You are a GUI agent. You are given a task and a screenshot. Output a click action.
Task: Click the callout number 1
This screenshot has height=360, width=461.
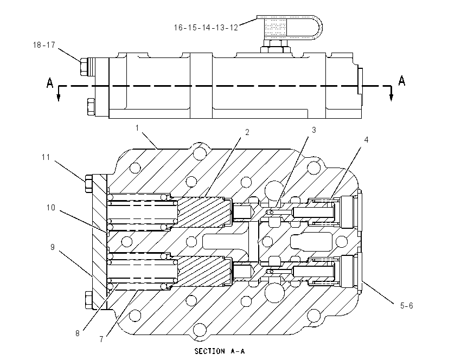pyautogui.click(x=137, y=128)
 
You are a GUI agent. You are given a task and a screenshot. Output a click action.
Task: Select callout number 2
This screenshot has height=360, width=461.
pyautogui.click(x=247, y=132)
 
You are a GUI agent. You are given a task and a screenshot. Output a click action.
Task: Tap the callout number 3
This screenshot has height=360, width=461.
pyautogui.click(x=313, y=130)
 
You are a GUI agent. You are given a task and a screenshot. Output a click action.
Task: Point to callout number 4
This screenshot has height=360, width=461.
pyautogui.click(x=366, y=139)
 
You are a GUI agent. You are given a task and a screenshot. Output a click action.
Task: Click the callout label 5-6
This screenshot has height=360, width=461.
pyautogui.click(x=406, y=306)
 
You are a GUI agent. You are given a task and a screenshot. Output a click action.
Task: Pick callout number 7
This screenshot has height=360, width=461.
pyautogui.click(x=101, y=339)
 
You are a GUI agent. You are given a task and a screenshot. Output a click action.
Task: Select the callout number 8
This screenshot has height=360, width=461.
pyautogui.click(x=78, y=333)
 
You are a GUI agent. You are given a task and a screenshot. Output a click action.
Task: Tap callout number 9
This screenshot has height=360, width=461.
pyautogui.click(x=52, y=247)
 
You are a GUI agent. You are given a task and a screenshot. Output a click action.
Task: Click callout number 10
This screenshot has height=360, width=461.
pyautogui.click(x=51, y=208)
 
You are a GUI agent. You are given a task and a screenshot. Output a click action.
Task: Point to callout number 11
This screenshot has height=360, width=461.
pyautogui.click(x=46, y=157)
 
